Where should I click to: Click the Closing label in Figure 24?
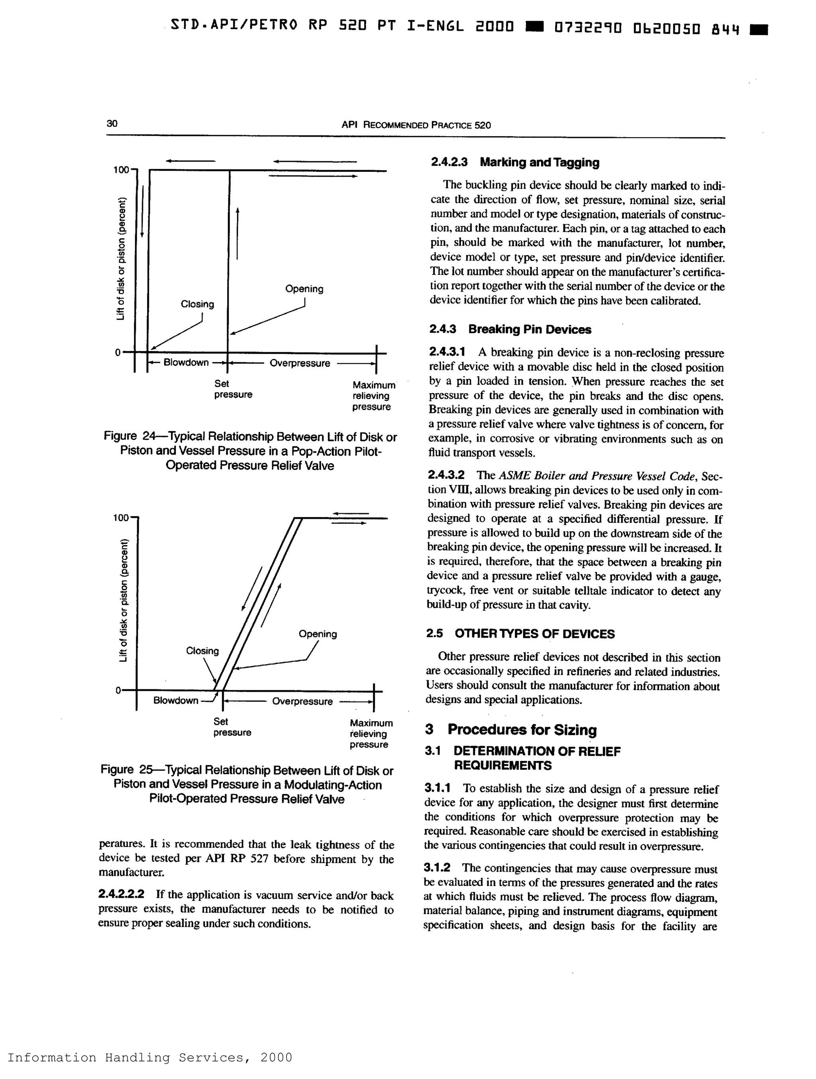pyautogui.click(x=197, y=304)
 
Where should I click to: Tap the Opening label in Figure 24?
pyautogui.click(x=304, y=289)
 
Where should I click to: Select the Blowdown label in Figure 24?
pyautogui.click(x=186, y=363)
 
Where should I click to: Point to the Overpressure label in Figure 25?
pyautogui.click(x=302, y=701)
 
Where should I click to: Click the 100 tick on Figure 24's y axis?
pyautogui.click(x=121, y=170)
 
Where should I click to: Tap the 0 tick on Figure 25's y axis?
pyautogui.click(x=118, y=690)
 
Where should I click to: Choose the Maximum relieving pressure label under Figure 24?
pyautogui.click(x=373, y=396)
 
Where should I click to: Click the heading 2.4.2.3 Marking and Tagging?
pyautogui.click(x=514, y=163)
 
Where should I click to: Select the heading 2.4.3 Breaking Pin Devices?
pyautogui.click(x=510, y=329)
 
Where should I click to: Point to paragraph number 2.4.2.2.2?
pyautogui.click(x=121, y=894)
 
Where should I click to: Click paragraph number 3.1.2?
pyautogui.click(x=437, y=867)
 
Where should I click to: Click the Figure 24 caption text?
pyautogui.click(x=250, y=451)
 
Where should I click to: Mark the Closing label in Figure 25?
pyautogui.click(x=202, y=651)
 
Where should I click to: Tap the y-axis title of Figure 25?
pyautogui.click(x=124, y=601)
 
